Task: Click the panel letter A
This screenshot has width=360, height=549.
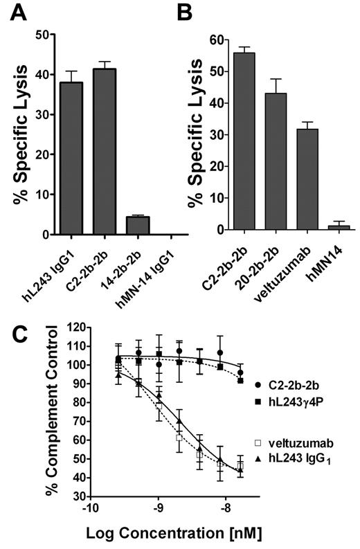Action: (19, 13)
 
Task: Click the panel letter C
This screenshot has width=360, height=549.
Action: (20, 335)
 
